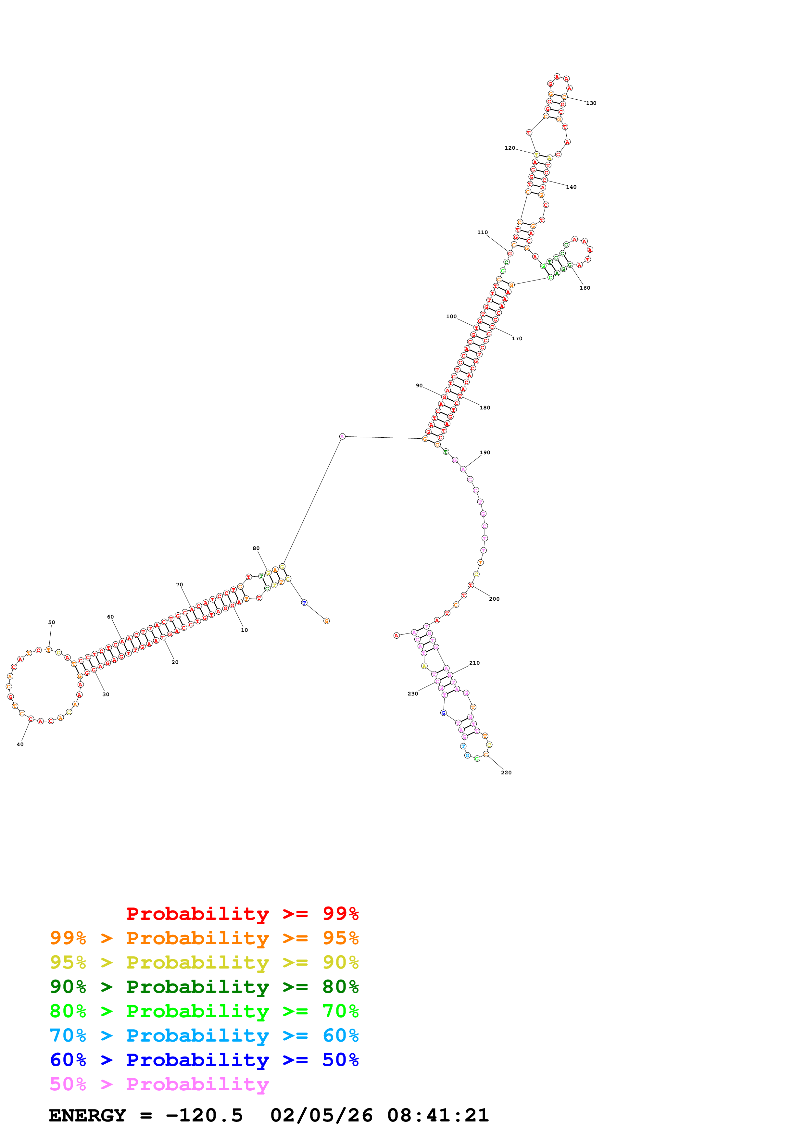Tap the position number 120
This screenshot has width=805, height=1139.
(x=509, y=148)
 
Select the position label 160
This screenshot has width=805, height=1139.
(x=585, y=288)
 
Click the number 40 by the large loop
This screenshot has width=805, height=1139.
(x=20, y=744)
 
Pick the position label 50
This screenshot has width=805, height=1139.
(x=52, y=622)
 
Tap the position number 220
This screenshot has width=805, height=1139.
(x=506, y=772)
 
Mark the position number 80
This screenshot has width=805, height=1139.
(x=256, y=548)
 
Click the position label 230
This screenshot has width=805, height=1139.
(x=413, y=694)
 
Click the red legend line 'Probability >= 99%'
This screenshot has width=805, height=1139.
(x=242, y=914)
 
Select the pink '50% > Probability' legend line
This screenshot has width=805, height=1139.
(x=159, y=1084)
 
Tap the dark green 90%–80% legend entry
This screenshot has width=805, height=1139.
(x=204, y=987)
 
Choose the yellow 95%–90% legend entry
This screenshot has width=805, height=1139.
(x=204, y=962)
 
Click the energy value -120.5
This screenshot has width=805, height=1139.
(x=204, y=1115)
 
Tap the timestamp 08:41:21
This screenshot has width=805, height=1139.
(x=438, y=1115)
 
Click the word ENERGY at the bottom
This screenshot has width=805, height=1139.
(x=87, y=1115)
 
